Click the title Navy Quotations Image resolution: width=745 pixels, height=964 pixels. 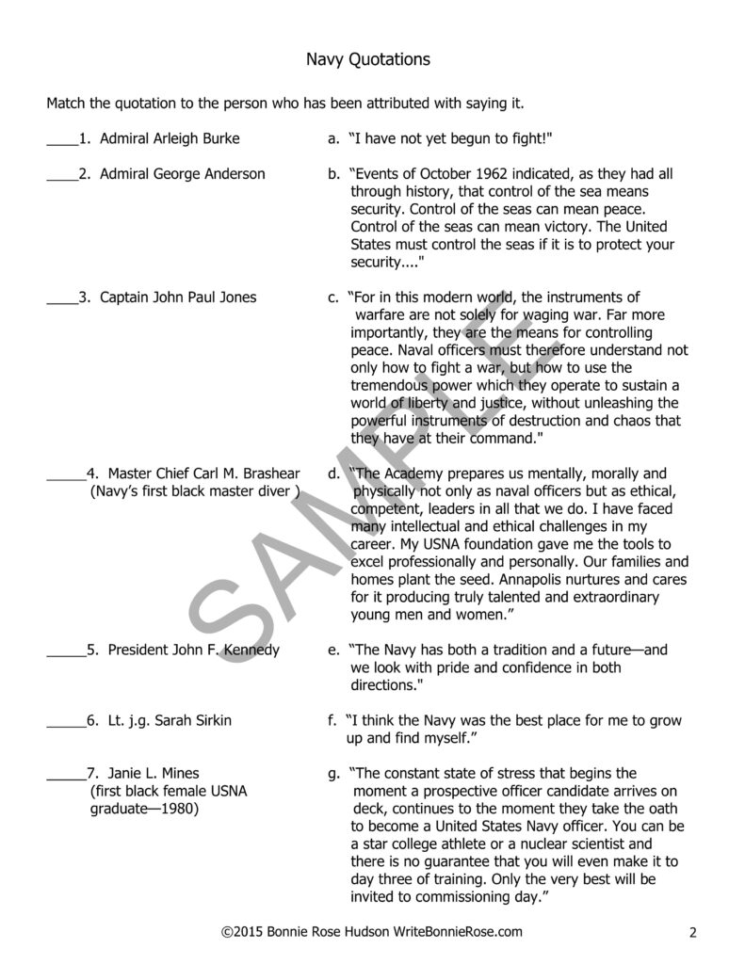click(x=368, y=60)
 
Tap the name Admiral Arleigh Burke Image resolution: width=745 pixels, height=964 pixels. click(x=170, y=138)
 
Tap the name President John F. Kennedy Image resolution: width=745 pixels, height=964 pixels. click(x=193, y=651)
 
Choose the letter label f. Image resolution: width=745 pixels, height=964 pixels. click(x=332, y=720)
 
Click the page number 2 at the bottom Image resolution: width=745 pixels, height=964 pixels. click(x=692, y=933)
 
